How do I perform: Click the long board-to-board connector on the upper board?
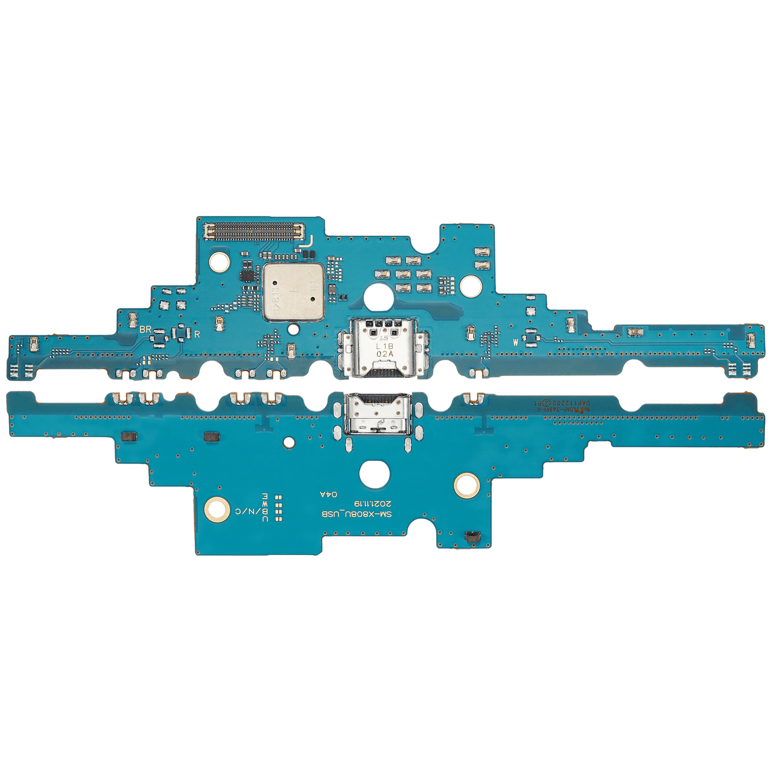coord(256,231)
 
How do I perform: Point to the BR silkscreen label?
coord(145,329)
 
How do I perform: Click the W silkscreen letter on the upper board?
coord(516,342)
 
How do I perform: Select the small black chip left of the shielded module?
coord(247,276)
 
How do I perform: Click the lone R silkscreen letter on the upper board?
coord(197,335)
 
